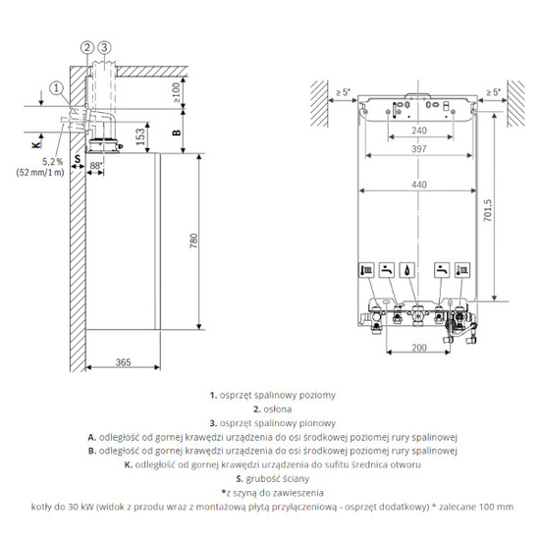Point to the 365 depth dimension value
click(123, 363)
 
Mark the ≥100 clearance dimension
click(177, 92)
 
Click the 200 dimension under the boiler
click(419, 349)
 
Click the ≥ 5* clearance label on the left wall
click(341, 94)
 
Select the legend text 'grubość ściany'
click(275, 478)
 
